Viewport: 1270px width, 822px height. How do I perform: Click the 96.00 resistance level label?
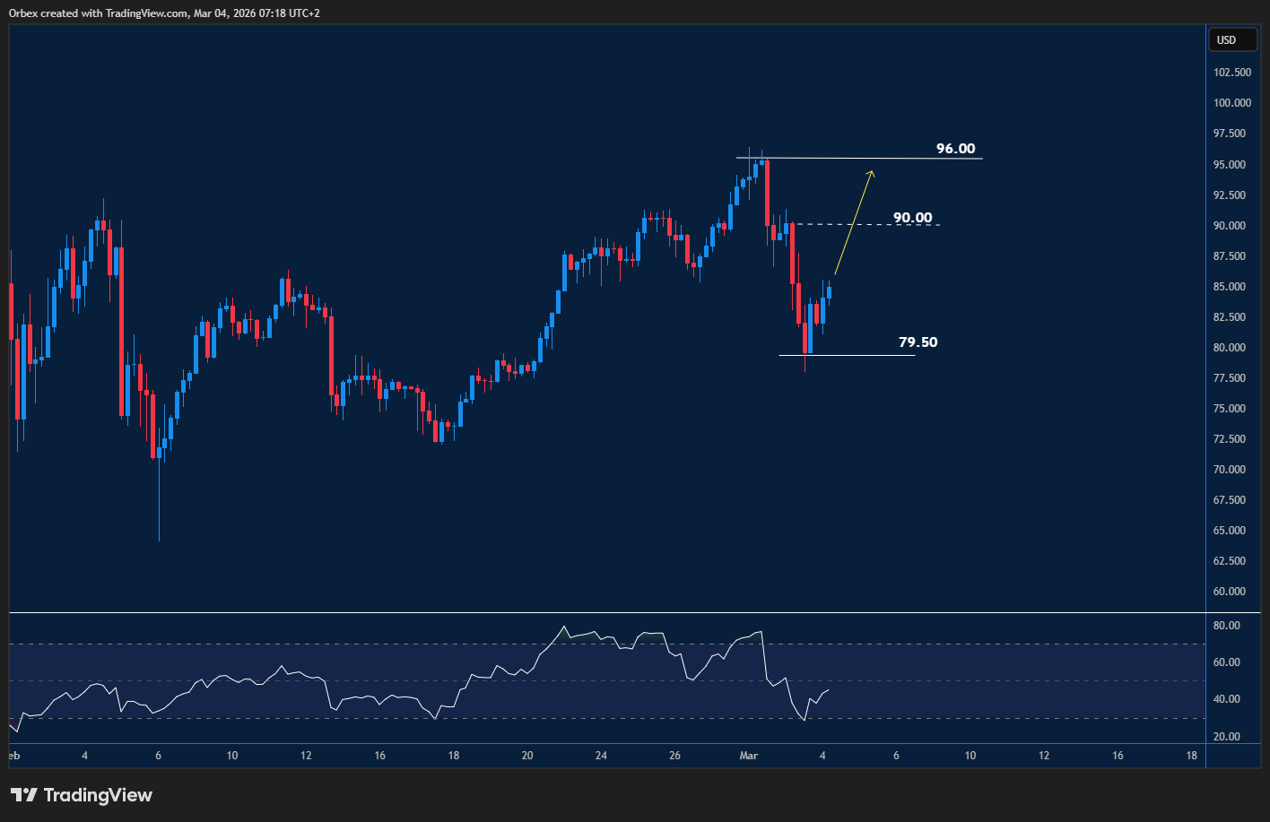point(955,149)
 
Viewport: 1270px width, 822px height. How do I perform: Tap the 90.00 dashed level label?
point(912,218)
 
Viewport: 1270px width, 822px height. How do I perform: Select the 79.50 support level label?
point(918,342)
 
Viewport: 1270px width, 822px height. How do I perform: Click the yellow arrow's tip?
point(872,170)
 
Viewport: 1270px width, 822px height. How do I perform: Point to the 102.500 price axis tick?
point(1231,73)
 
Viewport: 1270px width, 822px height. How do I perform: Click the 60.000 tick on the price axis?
point(1231,592)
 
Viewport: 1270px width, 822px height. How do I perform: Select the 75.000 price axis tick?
point(1231,409)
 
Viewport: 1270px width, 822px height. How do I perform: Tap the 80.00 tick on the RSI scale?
point(1225,626)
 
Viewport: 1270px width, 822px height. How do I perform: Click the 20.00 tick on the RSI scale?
point(1225,737)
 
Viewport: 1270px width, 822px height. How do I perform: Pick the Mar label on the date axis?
point(748,756)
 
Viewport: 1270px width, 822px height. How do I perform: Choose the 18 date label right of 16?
point(1191,756)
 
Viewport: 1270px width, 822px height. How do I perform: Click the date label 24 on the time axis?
point(601,756)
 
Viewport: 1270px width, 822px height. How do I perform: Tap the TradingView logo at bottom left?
point(82,795)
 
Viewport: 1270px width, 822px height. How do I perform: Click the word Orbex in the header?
point(23,13)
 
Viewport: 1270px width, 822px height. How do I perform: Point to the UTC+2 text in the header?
point(301,13)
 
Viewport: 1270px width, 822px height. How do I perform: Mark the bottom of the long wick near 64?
point(159,540)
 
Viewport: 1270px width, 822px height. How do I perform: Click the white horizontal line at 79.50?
point(861,356)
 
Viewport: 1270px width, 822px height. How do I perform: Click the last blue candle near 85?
point(829,291)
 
